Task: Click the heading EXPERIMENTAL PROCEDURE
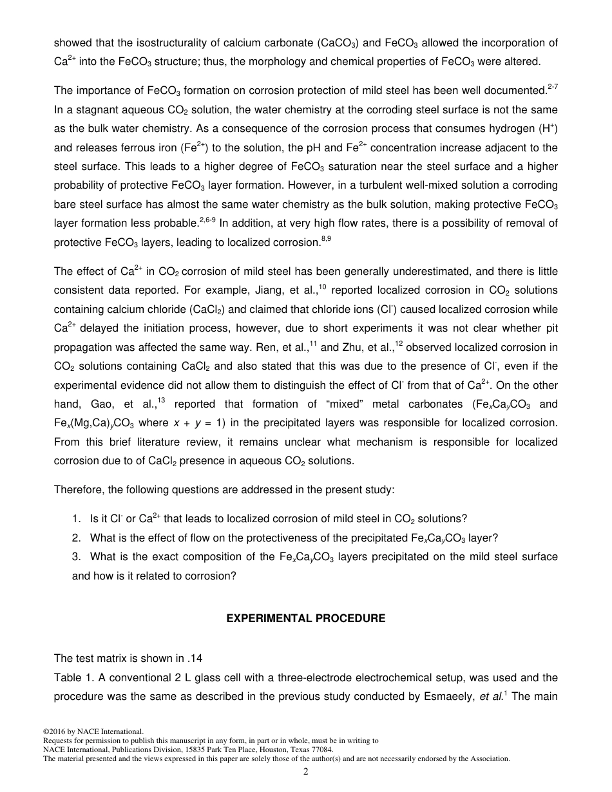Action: pyautogui.click(x=305, y=618)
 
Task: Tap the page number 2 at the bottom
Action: pyautogui.click(x=306, y=772)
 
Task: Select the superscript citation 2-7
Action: pyautogui.click(x=552, y=87)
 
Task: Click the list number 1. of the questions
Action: pyautogui.click(x=77, y=519)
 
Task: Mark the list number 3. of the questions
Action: pyautogui.click(x=77, y=556)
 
